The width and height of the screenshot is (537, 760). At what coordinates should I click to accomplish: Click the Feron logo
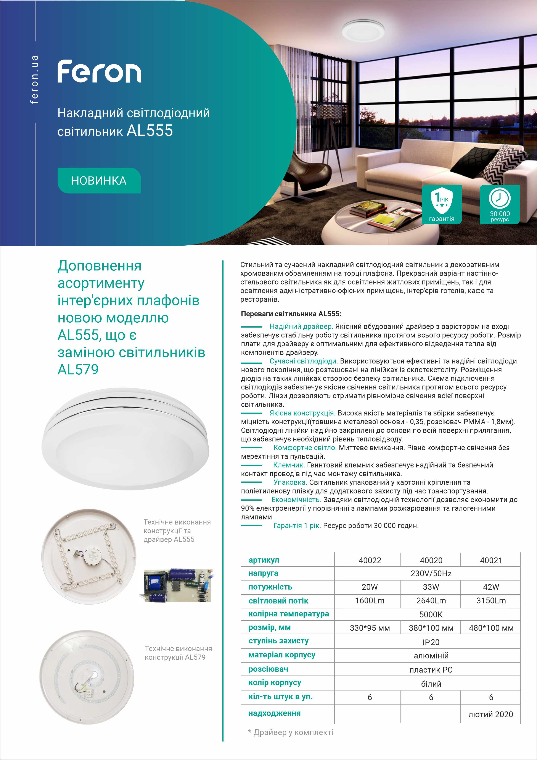(x=99, y=71)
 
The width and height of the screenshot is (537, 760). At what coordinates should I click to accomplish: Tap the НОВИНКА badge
(x=99, y=181)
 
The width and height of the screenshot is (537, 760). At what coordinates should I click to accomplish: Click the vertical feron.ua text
(x=34, y=79)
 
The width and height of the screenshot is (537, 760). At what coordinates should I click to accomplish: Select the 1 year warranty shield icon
(x=441, y=201)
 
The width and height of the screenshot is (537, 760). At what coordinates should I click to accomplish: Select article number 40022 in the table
(x=370, y=560)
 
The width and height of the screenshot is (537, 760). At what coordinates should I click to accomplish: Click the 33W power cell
(x=431, y=587)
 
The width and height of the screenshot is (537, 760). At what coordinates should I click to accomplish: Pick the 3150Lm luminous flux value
(x=491, y=600)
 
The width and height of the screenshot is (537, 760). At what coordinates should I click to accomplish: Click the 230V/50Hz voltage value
(x=431, y=573)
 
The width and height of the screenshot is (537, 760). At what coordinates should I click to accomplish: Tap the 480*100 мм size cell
(x=491, y=628)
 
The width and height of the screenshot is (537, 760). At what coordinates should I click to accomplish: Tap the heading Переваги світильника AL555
(x=291, y=314)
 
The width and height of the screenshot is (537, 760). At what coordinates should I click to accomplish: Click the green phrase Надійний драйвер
(x=301, y=327)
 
